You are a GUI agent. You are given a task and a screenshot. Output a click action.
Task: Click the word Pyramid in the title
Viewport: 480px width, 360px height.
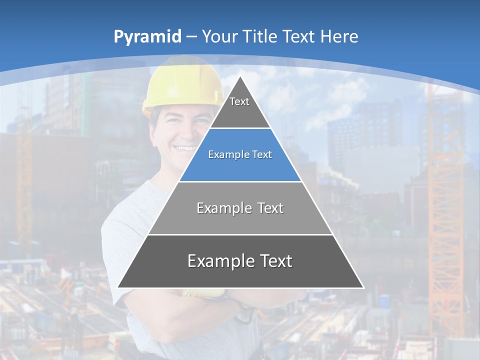click(x=147, y=37)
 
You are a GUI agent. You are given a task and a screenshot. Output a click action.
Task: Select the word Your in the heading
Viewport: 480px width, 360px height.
click(x=219, y=36)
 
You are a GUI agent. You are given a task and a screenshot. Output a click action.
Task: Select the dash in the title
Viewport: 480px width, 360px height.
click(x=191, y=37)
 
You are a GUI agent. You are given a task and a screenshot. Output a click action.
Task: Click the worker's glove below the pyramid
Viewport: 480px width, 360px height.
click(x=200, y=293)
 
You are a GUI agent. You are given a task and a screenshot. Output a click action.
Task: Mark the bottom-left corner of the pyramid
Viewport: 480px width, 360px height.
click(x=118, y=287)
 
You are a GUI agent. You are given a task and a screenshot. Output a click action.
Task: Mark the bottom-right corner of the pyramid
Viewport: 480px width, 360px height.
click(x=363, y=287)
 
